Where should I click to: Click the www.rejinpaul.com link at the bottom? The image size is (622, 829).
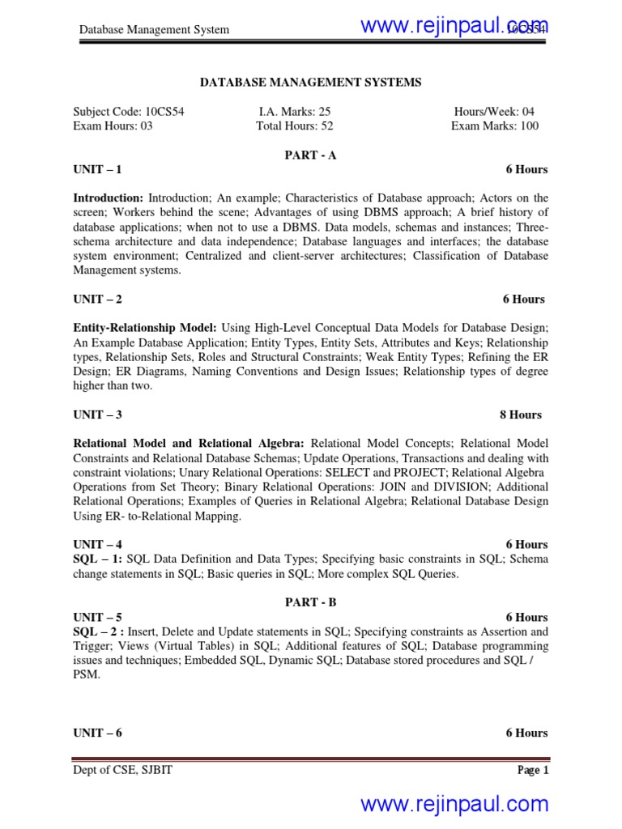pos(454,804)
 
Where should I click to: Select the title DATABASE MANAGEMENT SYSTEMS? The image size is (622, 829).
pos(310,82)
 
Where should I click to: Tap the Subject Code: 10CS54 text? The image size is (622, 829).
pos(129,112)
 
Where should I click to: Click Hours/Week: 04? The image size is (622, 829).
pos(494,112)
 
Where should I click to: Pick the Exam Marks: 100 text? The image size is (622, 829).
pos(494,126)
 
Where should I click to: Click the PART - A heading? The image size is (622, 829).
pos(310,155)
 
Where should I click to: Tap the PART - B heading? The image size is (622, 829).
pos(310,603)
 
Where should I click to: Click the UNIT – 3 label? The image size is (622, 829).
pos(97,414)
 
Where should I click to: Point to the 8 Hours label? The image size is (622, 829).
pos(521,414)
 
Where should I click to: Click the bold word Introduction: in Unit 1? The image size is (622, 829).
pos(109,198)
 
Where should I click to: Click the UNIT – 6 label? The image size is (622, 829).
pos(97,733)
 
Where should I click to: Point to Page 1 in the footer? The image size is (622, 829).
pos(533,771)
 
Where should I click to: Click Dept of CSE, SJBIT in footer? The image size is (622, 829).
pos(122,771)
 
